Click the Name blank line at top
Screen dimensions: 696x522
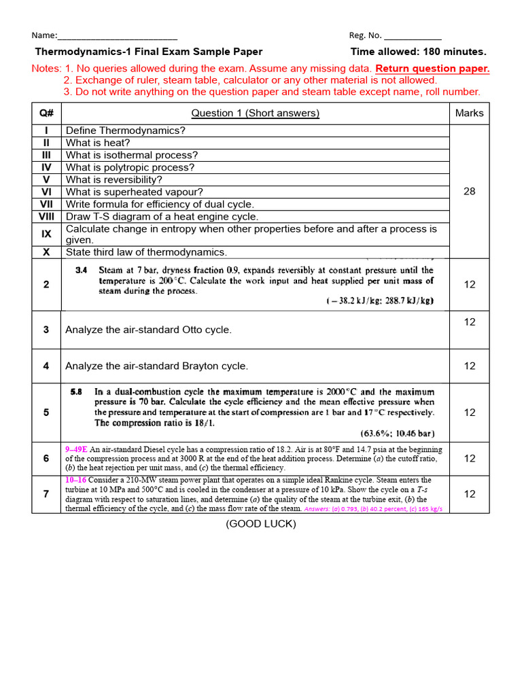pyautogui.click(x=118, y=37)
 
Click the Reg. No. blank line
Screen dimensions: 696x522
pyautogui.click(x=412, y=37)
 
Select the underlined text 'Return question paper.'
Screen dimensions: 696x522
pyautogui.click(x=432, y=69)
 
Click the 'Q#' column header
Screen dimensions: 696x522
pyautogui.click(x=46, y=113)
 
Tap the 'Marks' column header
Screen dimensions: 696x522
pyautogui.click(x=469, y=113)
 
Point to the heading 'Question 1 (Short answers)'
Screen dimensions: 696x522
pyautogui.click(x=255, y=113)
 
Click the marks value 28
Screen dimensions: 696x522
pyautogui.click(x=469, y=192)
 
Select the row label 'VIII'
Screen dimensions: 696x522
pyautogui.click(x=46, y=216)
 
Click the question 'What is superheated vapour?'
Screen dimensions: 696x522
pyautogui.click(x=135, y=192)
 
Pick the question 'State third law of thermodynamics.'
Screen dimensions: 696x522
pyautogui.click(x=146, y=252)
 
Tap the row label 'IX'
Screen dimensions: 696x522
pyautogui.click(x=46, y=234)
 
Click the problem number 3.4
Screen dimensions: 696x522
pyautogui.click(x=81, y=270)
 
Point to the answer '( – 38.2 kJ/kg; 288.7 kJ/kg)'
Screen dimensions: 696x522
pyautogui.click(x=380, y=300)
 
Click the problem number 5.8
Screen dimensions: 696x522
pyautogui.click(x=79, y=392)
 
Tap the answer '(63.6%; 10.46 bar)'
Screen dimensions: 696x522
pyautogui.click(x=397, y=433)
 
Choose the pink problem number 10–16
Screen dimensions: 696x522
pyautogui.click(x=76, y=480)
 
